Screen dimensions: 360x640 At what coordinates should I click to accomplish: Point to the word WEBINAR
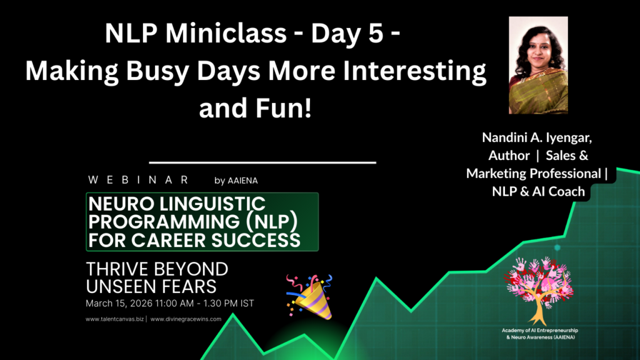point(138,180)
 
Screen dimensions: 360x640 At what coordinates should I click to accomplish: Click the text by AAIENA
point(236,181)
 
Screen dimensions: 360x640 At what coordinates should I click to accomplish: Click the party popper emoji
point(309,296)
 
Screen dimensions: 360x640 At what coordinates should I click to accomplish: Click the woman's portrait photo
point(537,65)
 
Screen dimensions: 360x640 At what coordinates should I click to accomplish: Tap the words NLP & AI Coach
point(538,191)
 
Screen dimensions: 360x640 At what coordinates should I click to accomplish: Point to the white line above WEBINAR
point(262,162)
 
